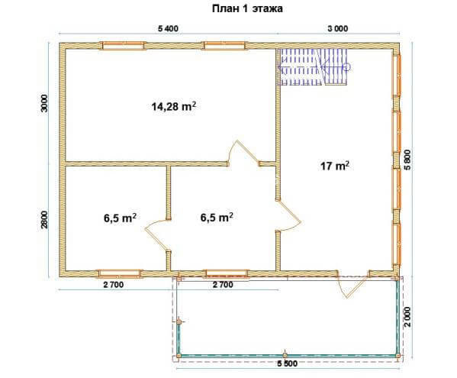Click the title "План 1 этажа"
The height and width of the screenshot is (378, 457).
pyautogui.click(x=247, y=8)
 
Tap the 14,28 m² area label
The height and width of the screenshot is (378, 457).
pyautogui.click(x=174, y=106)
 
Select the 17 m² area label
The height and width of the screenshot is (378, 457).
pyautogui.click(x=335, y=166)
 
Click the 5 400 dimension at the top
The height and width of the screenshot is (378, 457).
pyautogui.click(x=168, y=28)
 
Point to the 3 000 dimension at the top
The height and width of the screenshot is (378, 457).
pyautogui.click(x=338, y=28)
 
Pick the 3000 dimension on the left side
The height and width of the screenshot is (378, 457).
pyautogui.click(x=44, y=103)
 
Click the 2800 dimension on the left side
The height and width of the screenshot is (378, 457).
pyautogui.click(x=44, y=220)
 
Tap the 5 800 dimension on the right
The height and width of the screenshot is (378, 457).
pyautogui.click(x=407, y=160)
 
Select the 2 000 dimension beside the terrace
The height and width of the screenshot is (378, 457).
pyautogui.click(x=408, y=317)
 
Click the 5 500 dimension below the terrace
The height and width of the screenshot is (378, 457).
pyautogui.click(x=288, y=363)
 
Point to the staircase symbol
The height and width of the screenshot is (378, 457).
pyautogui.click(x=314, y=67)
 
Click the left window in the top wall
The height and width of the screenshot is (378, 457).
pyautogui.click(x=123, y=46)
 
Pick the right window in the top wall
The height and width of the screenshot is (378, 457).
pyautogui.click(x=225, y=46)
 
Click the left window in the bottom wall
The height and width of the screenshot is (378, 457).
pyautogui.click(x=119, y=273)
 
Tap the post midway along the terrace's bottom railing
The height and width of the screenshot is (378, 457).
pyautogui.click(x=285, y=355)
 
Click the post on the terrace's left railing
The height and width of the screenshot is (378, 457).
pyautogui.click(x=179, y=322)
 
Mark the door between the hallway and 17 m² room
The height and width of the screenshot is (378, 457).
pyautogui.click(x=288, y=216)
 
